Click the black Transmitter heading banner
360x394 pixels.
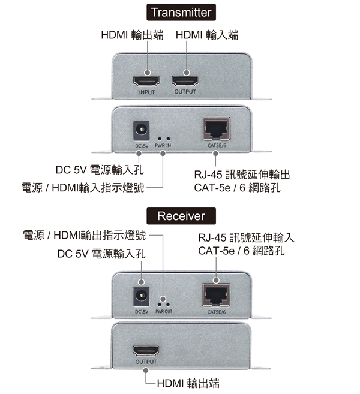coord(181,12)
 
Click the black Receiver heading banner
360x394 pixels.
coord(181,216)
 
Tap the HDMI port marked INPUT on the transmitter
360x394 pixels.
coord(146,81)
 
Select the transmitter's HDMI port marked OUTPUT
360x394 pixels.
coord(185,81)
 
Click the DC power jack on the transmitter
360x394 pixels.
coord(141,130)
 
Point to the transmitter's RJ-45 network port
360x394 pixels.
coord(216,129)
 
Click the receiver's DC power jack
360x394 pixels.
coord(141,296)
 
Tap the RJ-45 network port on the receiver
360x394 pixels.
coord(216,295)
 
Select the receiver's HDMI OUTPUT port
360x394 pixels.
coord(146,351)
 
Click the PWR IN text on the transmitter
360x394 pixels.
coord(163,146)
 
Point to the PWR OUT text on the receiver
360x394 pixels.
coord(164,312)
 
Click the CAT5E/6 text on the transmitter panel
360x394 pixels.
coord(217,146)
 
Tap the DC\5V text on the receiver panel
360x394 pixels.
coord(142,312)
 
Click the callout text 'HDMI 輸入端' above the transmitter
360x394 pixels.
coord(207,35)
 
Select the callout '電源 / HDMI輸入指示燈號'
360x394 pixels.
coord(83,188)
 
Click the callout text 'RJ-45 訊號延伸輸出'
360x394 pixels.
coord(242,175)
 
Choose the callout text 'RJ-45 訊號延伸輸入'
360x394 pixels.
coord(246,237)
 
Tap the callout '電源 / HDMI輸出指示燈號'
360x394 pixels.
coord(85,235)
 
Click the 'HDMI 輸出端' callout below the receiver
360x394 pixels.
coord(188,383)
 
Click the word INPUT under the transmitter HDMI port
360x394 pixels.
coord(147,92)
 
